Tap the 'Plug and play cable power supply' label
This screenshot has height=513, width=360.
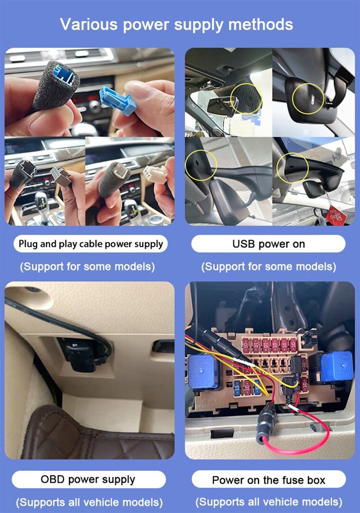coord(90,244)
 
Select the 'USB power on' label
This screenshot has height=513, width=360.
coord(269,244)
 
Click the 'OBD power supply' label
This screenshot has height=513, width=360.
coord(88,480)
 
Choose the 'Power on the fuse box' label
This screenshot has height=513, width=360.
coord(269,480)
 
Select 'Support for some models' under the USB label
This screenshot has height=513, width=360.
coord(269,267)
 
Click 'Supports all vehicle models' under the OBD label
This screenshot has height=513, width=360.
coord(90,502)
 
